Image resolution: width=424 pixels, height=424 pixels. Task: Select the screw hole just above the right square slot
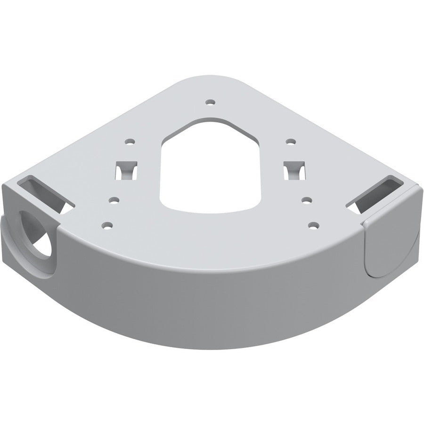pyautogui.click(x=291, y=141)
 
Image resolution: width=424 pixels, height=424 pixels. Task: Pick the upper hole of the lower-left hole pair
pyautogui.click(x=113, y=200)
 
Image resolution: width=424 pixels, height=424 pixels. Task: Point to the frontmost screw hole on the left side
pyautogui.click(x=108, y=225)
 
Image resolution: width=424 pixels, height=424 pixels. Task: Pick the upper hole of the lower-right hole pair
pyautogui.click(x=307, y=200)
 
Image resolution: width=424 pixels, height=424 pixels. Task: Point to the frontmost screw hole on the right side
pyautogui.click(x=311, y=225)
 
